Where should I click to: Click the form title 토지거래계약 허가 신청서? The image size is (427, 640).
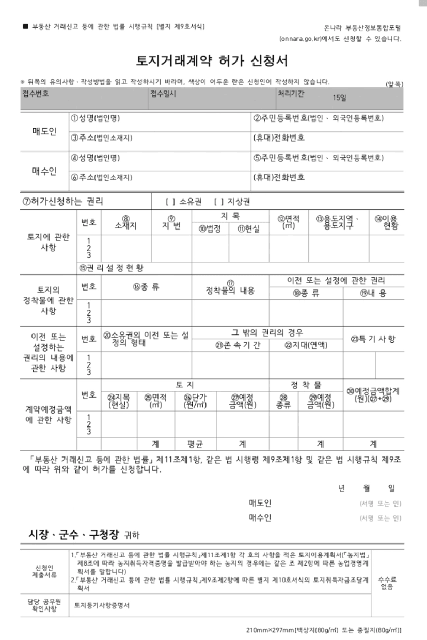tap(212, 61)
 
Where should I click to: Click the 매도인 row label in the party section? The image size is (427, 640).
tap(44, 131)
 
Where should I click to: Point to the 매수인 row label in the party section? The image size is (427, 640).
tap(44, 171)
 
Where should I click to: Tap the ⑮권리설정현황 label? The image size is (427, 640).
tap(112, 268)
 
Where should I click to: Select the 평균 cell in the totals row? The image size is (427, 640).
tap(196, 444)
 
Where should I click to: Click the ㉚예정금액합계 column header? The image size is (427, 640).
tap(373, 394)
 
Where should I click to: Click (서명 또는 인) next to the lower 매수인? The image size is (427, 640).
tap(381, 519)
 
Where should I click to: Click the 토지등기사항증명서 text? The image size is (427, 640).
tap(102, 604)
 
